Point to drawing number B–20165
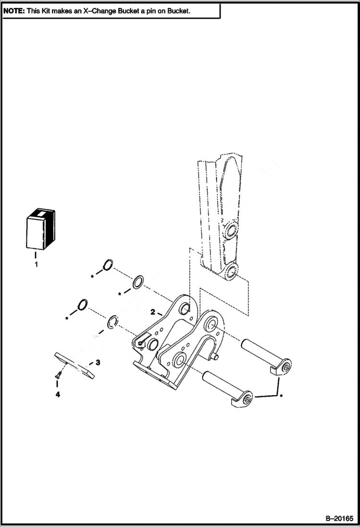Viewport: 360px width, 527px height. (339, 518)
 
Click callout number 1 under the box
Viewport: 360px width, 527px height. (36, 264)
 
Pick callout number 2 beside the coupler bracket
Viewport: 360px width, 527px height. (152, 312)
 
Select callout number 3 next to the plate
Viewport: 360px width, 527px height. (98, 362)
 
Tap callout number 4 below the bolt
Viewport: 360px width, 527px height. (57, 394)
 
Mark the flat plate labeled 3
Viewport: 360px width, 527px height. (74, 365)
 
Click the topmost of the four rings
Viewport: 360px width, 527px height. (108, 265)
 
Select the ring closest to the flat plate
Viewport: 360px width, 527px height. (112, 321)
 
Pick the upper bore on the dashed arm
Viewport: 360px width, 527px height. (231, 229)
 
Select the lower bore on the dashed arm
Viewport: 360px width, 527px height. (231, 271)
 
